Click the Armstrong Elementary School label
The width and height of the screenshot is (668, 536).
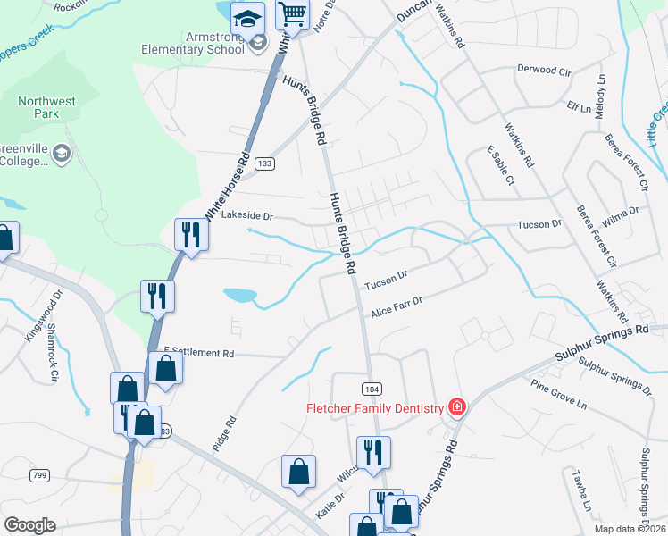[x=192, y=42]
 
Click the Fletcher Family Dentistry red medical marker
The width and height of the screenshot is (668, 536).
[x=456, y=407]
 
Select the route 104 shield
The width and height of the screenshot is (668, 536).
[x=372, y=388]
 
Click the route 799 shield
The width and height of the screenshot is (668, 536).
[x=38, y=475]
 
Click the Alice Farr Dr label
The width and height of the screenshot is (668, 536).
[x=397, y=308]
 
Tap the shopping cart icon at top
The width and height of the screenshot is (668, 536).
[x=292, y=14]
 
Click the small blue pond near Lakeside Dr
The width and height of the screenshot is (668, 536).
[x=239, y=294]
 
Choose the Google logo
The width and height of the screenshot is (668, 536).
[x=29, y=525]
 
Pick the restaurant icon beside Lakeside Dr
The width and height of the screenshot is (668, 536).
[x=191, y=235]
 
